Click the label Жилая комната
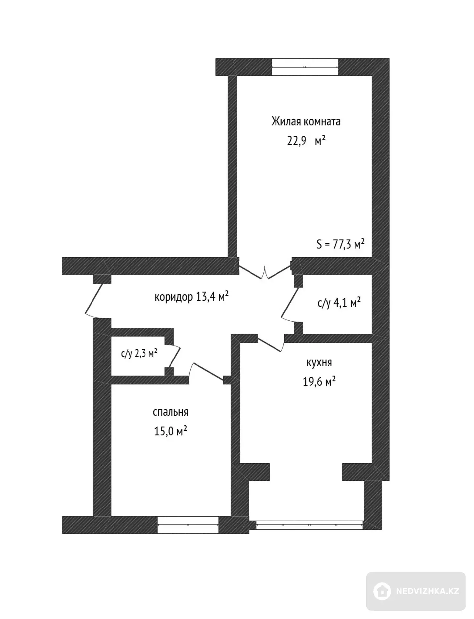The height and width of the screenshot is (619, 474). [x=306, y=121]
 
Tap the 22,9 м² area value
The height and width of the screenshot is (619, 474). [x=306, y=141]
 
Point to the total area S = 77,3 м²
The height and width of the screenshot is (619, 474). [x=340, y=244]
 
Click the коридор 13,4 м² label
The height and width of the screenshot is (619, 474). [x=192, y=297]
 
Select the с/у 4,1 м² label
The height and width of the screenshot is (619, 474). [x=339, y=302]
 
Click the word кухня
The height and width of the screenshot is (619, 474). [x=319, y=363]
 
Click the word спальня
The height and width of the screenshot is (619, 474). [x=171, y=412]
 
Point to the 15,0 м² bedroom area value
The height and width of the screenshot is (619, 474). [x=171, y=431]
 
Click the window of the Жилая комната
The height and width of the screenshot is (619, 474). [x=305, y=67]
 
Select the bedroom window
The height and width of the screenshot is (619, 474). [x=188, y=525]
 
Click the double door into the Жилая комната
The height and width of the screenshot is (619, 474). [x=265, y=272]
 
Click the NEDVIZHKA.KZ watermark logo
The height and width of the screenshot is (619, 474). [x=416, y=591]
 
